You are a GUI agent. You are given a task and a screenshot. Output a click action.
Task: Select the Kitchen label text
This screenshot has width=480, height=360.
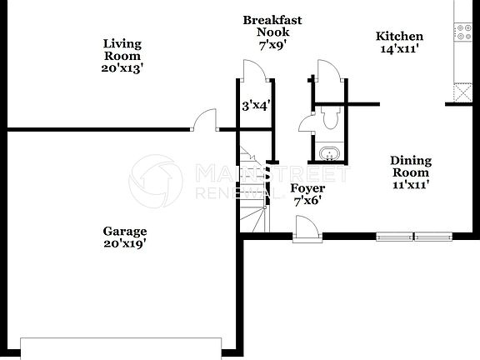pos(400,37)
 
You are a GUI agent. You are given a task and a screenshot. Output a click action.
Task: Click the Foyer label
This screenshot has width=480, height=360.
pos(307,188)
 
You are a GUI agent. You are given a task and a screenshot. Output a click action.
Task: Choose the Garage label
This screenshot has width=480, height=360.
pos(125,232)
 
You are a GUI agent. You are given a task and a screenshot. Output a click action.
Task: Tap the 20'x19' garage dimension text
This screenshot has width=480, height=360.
pos(125,244)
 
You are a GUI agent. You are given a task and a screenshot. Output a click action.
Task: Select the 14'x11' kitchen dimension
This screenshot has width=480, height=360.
pos(400,50)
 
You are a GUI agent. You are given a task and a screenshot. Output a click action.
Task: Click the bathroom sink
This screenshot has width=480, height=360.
pos(330,155)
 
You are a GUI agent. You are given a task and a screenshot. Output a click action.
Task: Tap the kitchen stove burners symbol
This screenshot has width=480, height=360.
pos(461,32)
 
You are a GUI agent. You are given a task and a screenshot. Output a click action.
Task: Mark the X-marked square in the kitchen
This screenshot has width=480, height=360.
pos(461,92)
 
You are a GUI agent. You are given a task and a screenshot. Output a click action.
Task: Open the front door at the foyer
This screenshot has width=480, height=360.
pos(306,227)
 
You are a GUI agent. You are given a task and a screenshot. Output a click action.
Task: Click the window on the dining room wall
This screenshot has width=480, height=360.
pos(415,236)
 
